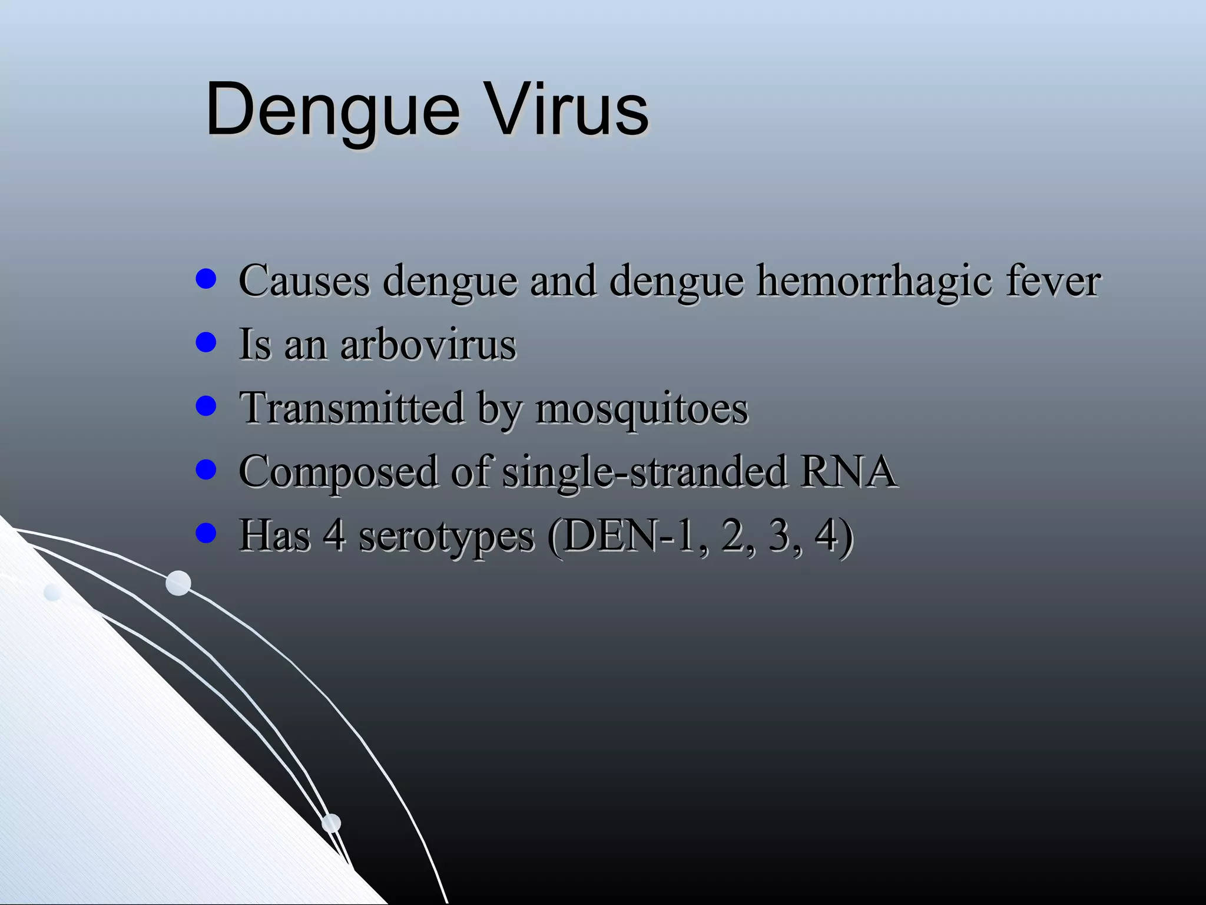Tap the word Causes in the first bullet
304,280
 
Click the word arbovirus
428,344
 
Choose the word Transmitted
352,408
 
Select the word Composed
338,471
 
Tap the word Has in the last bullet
274,535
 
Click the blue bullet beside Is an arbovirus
206,342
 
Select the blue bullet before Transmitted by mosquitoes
206,405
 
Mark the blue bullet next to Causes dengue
206,278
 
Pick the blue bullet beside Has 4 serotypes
206,533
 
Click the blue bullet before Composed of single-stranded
206,470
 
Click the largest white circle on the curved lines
178,583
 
